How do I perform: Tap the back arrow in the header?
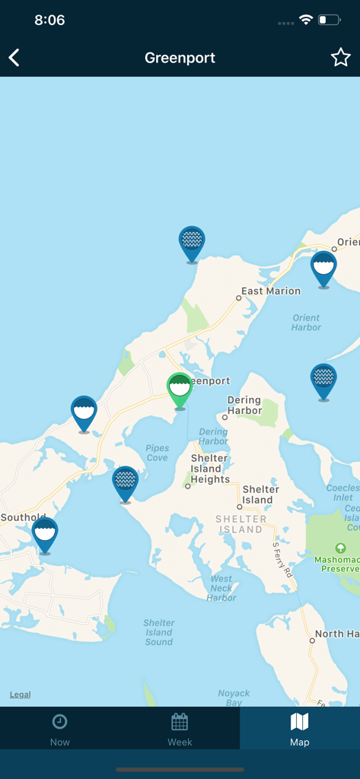(14, 58)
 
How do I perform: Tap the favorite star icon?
(340, 58)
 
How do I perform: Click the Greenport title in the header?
(180, 58)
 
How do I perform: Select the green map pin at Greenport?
(180, 389)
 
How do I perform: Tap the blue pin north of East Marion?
(192, 242)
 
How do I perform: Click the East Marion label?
(271, 291)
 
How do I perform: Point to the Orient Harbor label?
(306, 323)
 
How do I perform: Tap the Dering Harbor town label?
(244, 405)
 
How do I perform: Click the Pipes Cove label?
(157, 453)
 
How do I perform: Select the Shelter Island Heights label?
(210, 469)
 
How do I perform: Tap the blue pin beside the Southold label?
(45, 533)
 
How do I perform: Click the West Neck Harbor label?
(221, 588)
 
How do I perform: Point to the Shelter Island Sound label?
(159, 632)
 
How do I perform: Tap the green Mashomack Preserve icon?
(340, 548)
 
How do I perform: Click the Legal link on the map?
(21, 695)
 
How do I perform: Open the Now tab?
(59, 728)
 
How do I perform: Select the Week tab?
(180, 728)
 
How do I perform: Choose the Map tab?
(300, 728)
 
